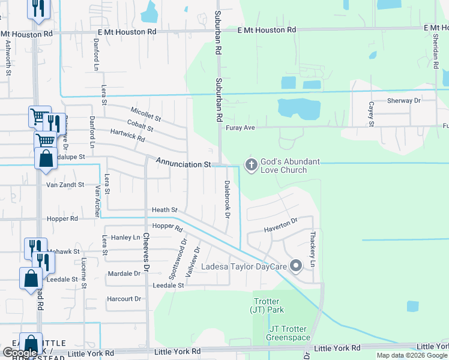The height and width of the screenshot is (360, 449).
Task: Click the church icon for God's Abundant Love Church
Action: point(251,164)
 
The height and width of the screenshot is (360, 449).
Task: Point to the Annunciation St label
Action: point(184,163)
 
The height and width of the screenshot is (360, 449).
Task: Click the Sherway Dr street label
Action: point(404,101)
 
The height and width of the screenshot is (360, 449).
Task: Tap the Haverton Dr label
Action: point(282,225)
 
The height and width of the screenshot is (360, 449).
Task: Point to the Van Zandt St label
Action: point(65,185)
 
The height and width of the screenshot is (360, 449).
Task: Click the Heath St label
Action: point(165,210)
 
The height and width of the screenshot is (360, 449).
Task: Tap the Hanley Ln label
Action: point(125,238)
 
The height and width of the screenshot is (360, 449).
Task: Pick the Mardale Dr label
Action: point(124,274)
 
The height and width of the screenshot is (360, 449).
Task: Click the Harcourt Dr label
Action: point(124,298)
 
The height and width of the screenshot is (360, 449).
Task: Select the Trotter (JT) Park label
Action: point(267,305)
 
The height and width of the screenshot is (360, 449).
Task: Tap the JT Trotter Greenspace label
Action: point(286,333)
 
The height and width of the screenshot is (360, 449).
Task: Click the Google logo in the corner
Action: point(20,353)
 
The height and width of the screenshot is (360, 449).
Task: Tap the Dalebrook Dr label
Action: point(228,199)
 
